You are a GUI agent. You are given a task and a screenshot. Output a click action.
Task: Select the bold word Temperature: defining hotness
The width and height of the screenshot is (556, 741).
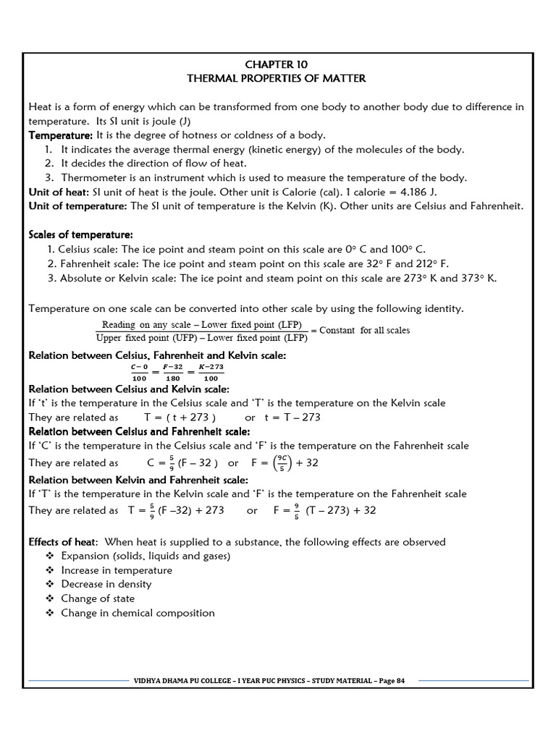[x=60, y=135]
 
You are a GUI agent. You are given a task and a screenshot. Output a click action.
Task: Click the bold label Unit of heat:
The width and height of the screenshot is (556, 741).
[x=58, y=192]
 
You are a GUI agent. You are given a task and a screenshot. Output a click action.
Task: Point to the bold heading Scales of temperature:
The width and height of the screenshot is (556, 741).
[x=80, y=235]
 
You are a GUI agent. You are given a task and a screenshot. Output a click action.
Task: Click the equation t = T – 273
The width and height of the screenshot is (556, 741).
[x=292, y=418]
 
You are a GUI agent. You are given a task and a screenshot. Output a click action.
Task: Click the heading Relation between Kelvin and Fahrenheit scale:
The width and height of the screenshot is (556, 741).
[x=138, y=480]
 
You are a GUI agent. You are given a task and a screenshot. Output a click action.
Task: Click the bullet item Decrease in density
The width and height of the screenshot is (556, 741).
[x=106, y=584]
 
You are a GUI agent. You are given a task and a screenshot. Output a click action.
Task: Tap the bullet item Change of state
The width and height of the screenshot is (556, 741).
[x=98, y=598]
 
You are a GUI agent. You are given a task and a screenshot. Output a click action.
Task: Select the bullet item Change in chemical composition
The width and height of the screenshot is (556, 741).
[x=138, y=613]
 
